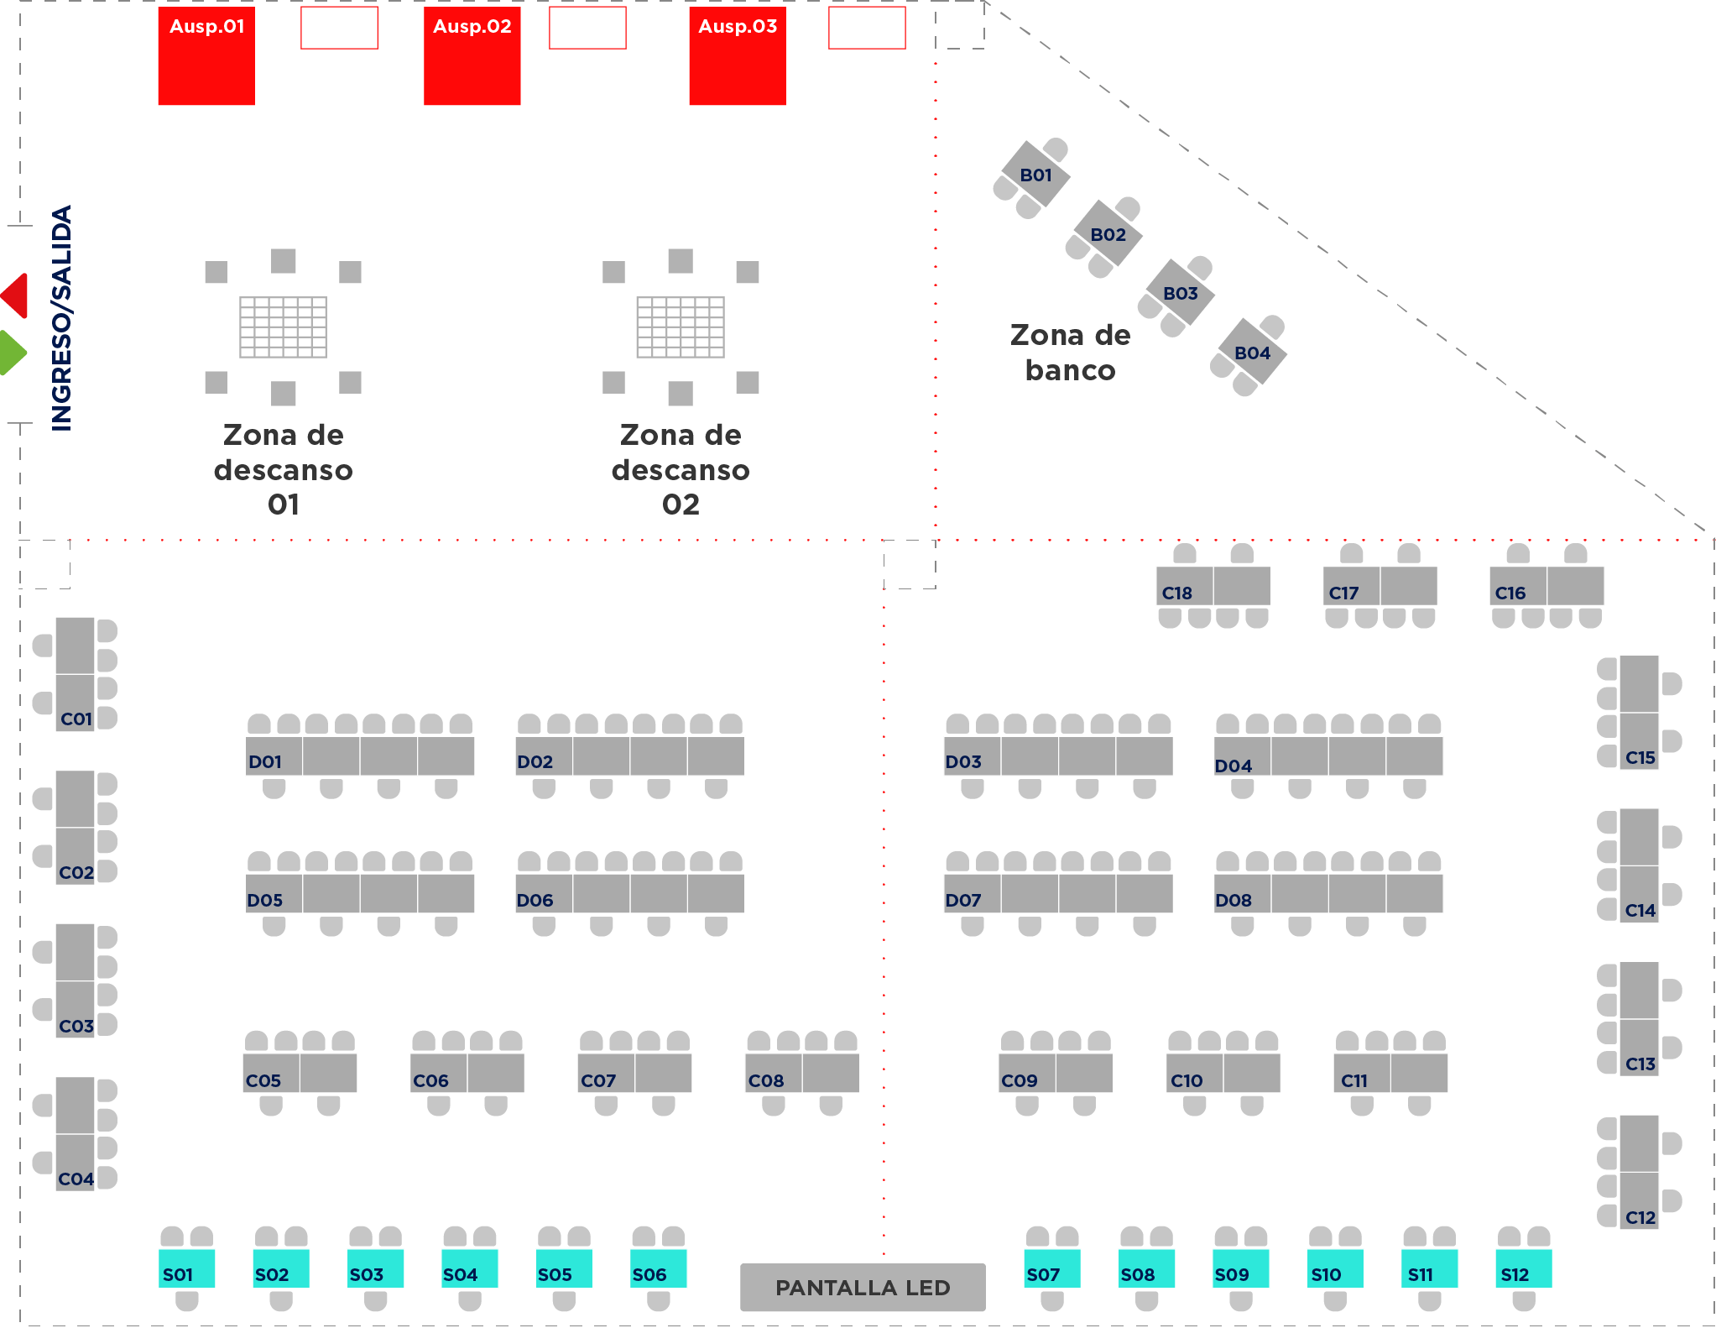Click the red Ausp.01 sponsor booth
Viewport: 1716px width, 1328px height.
click(206, 55)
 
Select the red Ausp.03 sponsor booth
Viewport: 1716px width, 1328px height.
click(738, 55)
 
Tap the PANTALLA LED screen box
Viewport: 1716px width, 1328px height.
click(863, 1287)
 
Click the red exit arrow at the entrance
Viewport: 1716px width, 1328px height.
click(14, 295)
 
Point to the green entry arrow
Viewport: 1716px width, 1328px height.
click(13, 353)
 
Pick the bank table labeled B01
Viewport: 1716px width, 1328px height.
click(1035, 175)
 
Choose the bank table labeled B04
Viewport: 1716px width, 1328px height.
click(1252, 353)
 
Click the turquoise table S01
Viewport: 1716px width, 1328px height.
click(186, 1268)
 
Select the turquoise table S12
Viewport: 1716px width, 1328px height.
click(1524, 1268)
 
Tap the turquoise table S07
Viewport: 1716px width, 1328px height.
click(1052, 1268)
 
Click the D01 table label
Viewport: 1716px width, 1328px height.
click(265, 762)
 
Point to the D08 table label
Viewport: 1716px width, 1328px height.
click(1234, 901)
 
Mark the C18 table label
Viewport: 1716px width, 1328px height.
click(1176, 593)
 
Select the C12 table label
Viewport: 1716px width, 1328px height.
click(1640, 1218)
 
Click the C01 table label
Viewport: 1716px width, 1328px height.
click(76, 719)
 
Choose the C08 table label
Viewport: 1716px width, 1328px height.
click(766, 1081)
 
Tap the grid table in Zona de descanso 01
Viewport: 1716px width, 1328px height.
click(283, 327)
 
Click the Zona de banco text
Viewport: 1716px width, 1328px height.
click(1071, 353)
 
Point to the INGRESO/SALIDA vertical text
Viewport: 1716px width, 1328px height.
click(62, 318)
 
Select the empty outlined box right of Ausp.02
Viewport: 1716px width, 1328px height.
click(587, 28)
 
